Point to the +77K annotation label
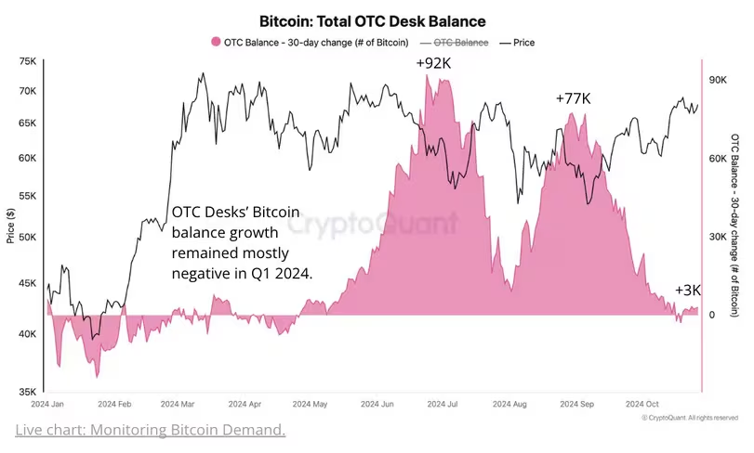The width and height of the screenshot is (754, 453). pyautogui.click(x=573, y=98)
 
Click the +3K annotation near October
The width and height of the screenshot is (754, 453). pyautogui.click(x=688, y=291)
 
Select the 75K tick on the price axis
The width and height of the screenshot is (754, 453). pyautogui.click(x=28, y=61)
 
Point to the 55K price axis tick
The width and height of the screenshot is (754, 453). pyautogui.click(x=28, y=197)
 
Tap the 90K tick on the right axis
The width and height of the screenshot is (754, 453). pyautogui.click(x=717, y=82)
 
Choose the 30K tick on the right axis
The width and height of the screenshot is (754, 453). pyautogui.click(x=717, y=238)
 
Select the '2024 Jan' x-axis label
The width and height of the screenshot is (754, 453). pyautogui.click(x=46, y=406)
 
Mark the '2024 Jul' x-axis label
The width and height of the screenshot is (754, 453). pyautogui.click(x=441, y=406)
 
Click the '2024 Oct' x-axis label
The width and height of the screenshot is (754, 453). pyautogui.click(x=642, y=406)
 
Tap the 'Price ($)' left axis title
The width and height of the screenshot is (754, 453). pyautogui.click(x=10, y=226)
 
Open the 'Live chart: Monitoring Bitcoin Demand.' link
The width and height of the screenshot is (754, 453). pyautogui.click(x=150, y=431)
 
